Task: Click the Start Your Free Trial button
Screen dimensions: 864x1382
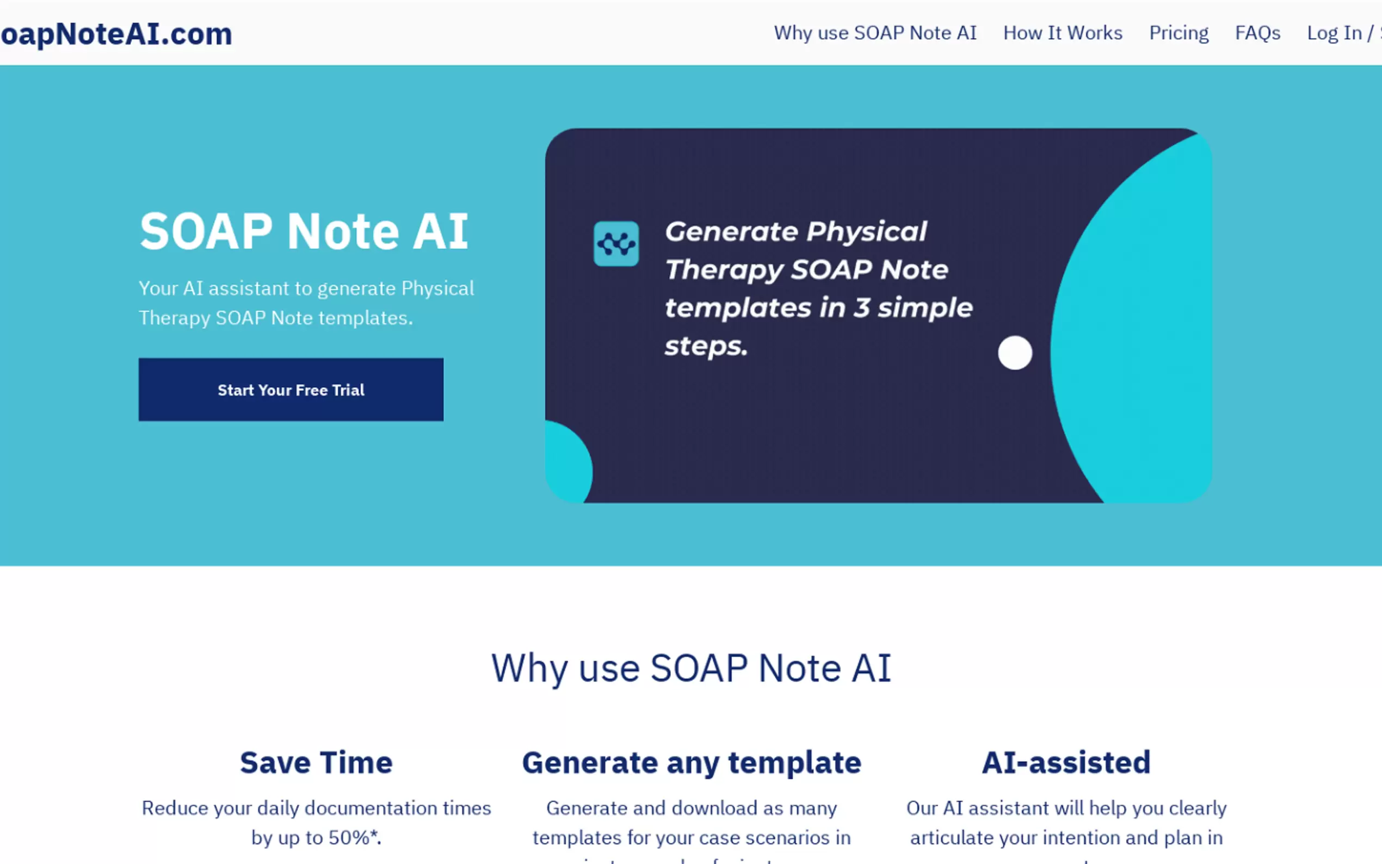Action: point(291,390)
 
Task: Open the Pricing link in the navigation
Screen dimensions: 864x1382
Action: point(1179,33)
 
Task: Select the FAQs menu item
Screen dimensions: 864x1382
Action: point(1257,33)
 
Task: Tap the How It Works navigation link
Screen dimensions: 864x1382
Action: point(1063,33)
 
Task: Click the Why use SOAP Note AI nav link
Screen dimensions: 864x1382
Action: point(875,33)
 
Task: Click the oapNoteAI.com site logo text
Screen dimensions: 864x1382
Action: point(116,34)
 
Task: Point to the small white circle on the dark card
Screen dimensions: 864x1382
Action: point(1015,353)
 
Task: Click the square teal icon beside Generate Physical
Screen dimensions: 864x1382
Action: point(616,244)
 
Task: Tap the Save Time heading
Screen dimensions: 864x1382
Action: point(316,763)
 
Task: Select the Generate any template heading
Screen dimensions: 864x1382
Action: point(692,763)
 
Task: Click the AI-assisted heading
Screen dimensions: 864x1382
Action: point(1066,763)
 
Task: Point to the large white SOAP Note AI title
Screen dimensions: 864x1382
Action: point(304,231)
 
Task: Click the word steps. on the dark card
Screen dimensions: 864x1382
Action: point(706,346)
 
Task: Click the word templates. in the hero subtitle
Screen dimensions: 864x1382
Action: point(366,318)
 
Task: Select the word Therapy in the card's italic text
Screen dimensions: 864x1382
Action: point(724,270)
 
